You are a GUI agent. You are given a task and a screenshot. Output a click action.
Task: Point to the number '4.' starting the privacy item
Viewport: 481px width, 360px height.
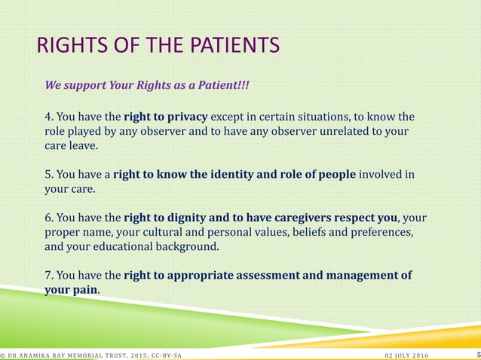50,117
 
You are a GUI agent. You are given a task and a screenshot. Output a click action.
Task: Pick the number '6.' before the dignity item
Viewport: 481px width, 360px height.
50,218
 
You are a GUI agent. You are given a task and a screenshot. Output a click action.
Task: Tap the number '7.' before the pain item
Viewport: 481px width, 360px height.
50,276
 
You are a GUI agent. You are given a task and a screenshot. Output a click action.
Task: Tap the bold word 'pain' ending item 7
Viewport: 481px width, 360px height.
86,289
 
